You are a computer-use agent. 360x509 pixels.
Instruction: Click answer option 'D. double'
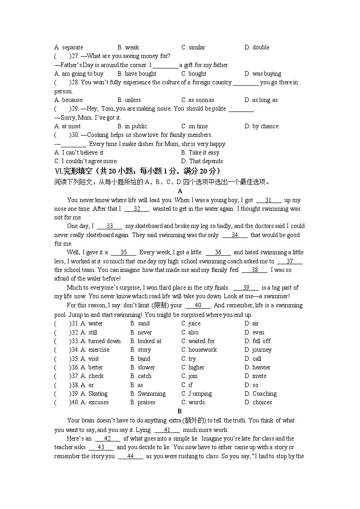[257, 47]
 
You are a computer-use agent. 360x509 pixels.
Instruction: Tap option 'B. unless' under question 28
[129, 100]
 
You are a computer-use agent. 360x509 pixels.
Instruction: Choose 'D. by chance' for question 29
[262, 126]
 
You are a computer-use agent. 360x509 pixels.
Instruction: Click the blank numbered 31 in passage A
[268, 200]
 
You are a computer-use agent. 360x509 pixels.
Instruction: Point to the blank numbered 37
[290, 261]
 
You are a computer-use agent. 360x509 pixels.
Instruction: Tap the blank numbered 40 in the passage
[198, 305]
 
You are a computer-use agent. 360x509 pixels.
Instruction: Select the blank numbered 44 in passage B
[131, 456]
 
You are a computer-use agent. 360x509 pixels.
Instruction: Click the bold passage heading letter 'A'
[180, 191]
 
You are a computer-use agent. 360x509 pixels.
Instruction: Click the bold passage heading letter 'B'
[180, 411]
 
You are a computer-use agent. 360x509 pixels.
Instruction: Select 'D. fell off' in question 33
[258, 341]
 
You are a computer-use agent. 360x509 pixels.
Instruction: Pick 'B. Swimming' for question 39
[148, 393]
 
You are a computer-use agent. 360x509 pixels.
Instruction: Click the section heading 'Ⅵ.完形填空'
[73, 170]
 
